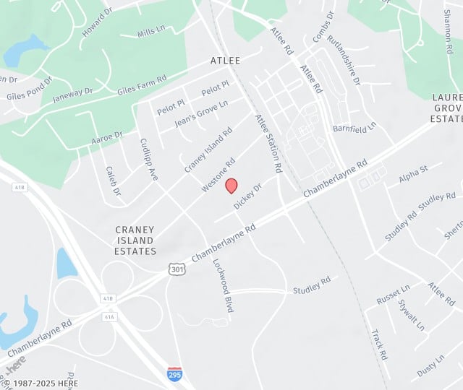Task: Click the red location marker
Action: click(x=231, y=186)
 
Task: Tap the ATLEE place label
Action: click(x=225, y=61)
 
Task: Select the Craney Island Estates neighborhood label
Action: click(x=135, y=240)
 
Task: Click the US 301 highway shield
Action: click(x=177, y=269)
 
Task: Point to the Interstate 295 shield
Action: click(x=174, y=373)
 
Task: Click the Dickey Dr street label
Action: click(x=247, y=196)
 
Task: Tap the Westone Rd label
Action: click(x=218, y=175)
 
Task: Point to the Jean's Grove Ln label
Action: click(x=200, y=114)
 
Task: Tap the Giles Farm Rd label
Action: click(x=142, y=84)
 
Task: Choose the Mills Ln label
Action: click(x=152, y=32)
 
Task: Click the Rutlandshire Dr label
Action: click(x=343, y=60)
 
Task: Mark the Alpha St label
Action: click(x=413, y=173)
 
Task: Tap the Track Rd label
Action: click(x=380, y=345)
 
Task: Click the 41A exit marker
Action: click(x=110, y=316)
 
